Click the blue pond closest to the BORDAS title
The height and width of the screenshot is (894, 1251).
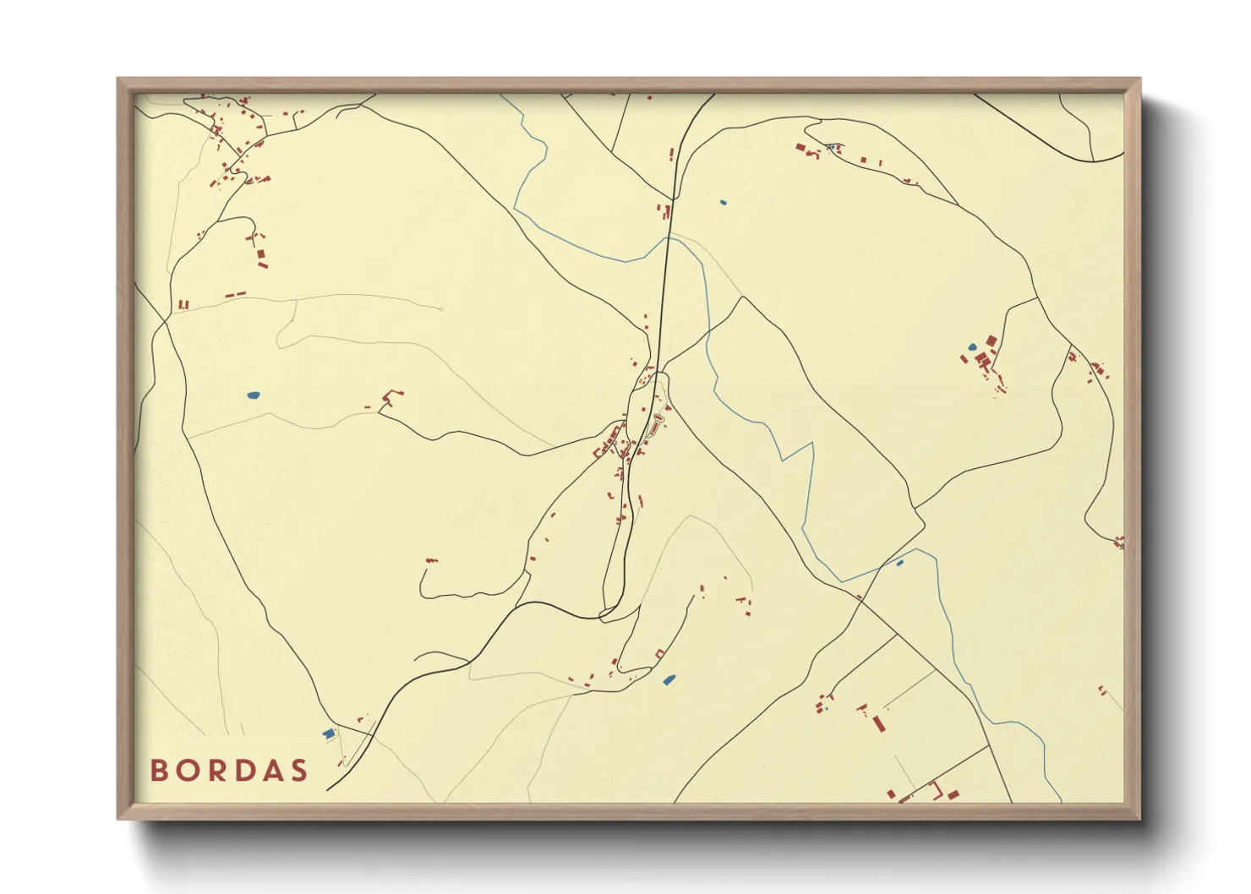coord(329,733)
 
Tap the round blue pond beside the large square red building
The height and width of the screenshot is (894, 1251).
coord(972,347)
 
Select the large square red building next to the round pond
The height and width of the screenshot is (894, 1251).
coord(991,341)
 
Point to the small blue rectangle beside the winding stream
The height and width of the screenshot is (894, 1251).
coord(899,563)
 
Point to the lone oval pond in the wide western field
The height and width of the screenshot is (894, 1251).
coord(253,395)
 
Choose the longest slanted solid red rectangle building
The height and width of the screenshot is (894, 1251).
coord(879,723)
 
